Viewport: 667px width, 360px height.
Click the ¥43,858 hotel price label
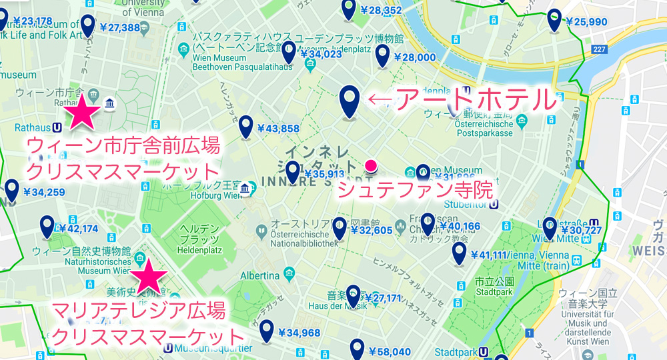[277, 128]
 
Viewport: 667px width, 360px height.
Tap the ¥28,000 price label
[414, 58]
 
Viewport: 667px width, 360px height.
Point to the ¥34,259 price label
[43, 193]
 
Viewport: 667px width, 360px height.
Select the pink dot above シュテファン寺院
[371, 165]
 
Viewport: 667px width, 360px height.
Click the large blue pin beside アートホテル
[350, 101]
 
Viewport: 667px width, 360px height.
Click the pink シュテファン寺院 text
[414, 190]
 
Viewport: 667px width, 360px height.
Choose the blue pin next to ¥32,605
[340, 228]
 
